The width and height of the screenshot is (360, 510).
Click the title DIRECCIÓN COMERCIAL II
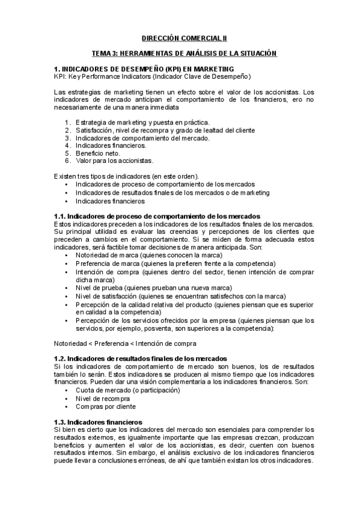coord(180,37)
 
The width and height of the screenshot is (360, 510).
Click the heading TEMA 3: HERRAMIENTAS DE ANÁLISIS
coord(180,54)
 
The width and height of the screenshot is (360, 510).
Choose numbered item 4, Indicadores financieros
coord(111,146)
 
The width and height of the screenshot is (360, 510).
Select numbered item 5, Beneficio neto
coord(98,153)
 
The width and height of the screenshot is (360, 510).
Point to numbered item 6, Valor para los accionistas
coord(114,161)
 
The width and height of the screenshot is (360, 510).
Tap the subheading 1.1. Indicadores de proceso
coord(156,215)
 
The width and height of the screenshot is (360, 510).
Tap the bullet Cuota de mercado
coord(127,390)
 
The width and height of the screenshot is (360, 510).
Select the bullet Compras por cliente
coord(106,406)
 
